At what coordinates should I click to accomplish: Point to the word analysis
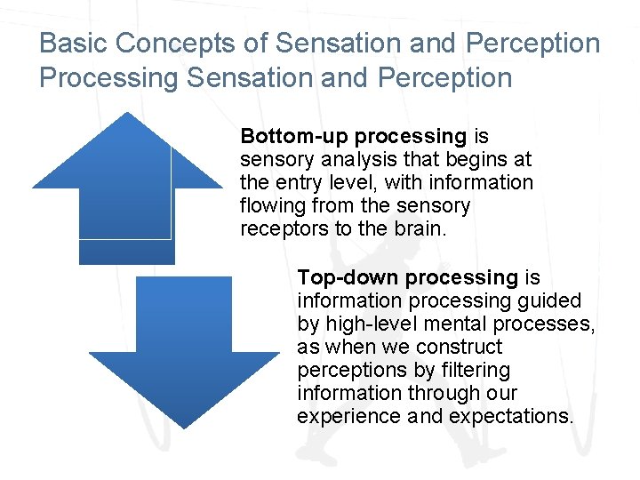[x=347, y=160]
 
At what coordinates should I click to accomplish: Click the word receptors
[x=283, y=229]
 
